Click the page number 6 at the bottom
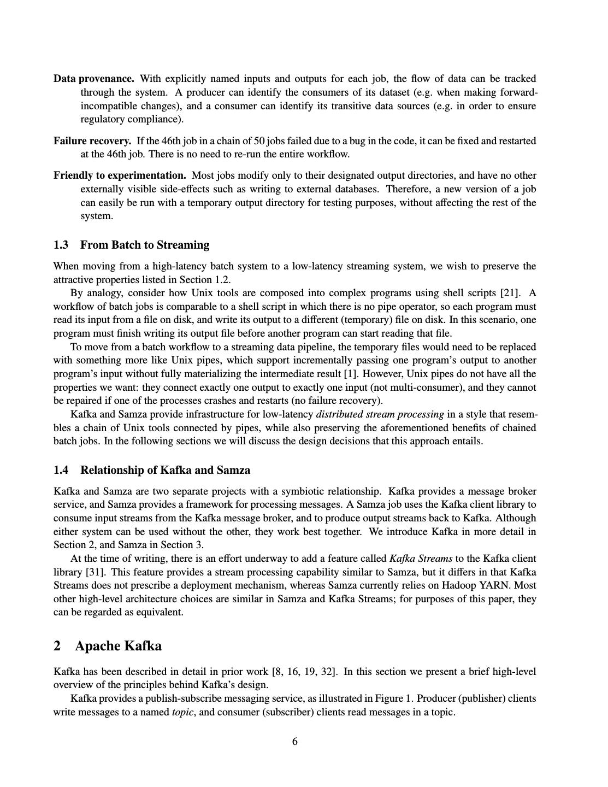click(x=295, y=742)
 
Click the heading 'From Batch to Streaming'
click(x=144, y=245)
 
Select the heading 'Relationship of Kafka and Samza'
click(x=165, y=470)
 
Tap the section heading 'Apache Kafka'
click(x=118, y=646)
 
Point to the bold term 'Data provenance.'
click(x=94, y=79)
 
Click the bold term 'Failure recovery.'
click(x=92, y=141)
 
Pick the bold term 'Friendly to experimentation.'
click(x=120, y=175)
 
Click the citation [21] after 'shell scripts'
click(x=511, y=293)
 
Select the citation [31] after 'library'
click(x=92, y=572)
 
